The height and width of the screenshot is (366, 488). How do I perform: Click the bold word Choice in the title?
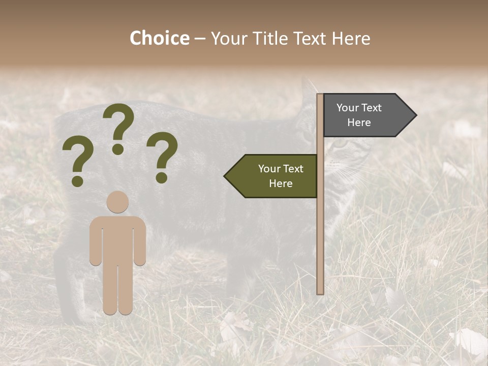159,38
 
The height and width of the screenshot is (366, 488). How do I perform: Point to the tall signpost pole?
320,229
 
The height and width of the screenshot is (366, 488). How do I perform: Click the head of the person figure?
118,202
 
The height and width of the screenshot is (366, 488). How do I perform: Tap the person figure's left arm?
96,244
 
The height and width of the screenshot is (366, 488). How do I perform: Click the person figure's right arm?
140,244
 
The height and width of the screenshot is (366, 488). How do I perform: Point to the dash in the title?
200,39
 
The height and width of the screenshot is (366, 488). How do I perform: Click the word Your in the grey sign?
348,108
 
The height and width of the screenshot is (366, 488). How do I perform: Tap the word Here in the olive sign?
281,184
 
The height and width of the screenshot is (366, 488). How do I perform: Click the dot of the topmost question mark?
118,149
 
